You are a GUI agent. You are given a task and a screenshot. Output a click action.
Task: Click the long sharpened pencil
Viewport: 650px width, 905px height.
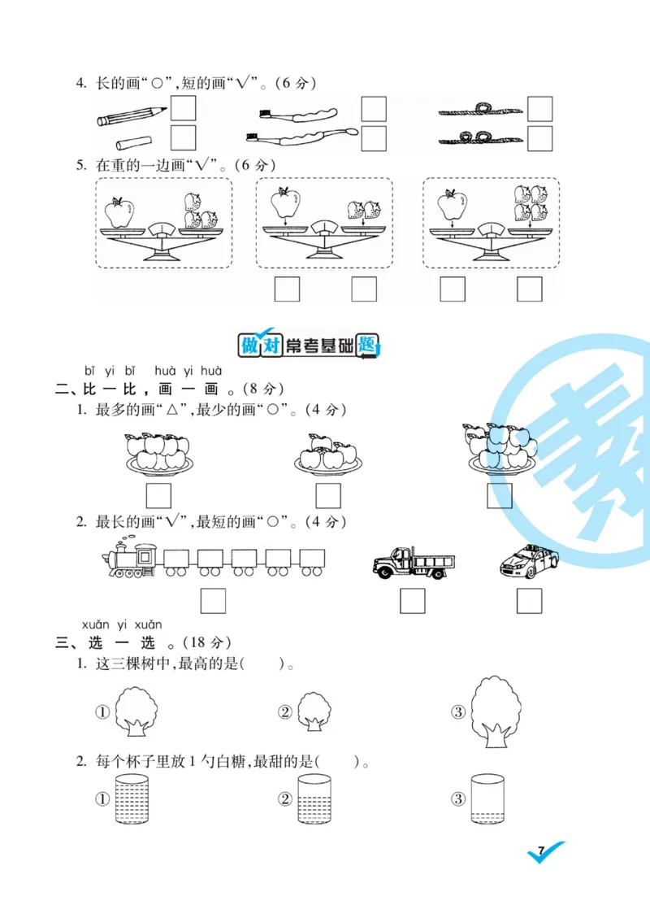132,116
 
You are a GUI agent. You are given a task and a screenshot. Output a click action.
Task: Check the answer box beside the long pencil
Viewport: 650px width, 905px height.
184,109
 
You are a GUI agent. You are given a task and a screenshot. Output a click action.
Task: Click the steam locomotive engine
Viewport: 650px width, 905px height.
131,559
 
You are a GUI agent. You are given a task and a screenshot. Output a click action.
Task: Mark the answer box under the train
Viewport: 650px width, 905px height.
213,601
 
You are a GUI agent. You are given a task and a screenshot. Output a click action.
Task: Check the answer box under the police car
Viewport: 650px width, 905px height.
529,601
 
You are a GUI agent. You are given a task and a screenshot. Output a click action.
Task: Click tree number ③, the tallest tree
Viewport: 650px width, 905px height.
496,710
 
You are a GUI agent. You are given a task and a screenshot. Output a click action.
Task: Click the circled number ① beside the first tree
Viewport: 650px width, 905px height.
102,712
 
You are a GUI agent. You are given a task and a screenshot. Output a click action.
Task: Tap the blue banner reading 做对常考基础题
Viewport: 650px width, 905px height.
309,346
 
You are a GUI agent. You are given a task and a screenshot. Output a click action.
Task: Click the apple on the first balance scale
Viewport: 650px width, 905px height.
119,213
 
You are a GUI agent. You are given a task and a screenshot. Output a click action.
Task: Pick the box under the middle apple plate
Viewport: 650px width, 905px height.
328,495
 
